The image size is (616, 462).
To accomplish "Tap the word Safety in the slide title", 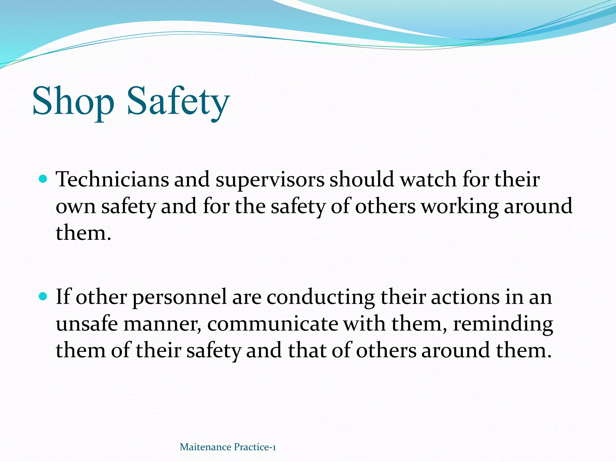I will [x=178, y=101].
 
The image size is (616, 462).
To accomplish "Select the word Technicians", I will [x=112, y=180].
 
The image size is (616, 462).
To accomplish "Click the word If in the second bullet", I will [x=63, y=297].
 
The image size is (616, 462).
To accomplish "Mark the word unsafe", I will [x=87, y=324].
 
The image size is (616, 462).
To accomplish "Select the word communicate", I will [x=273, y=324].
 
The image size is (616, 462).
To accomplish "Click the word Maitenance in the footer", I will [x=205, y=447].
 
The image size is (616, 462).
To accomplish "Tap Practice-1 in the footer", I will [x=255, y=447].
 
